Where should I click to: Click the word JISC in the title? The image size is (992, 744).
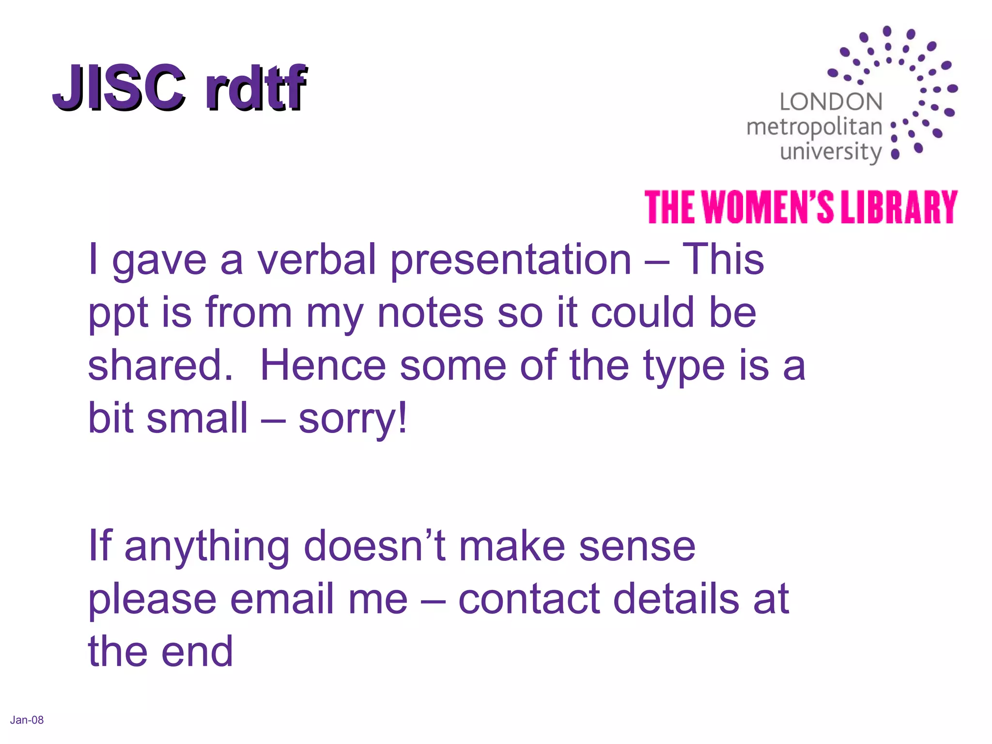(119, 87)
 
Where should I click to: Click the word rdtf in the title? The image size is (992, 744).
(256, 87)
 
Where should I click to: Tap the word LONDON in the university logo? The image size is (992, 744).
(831, 102)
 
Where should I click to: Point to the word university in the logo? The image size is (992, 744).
(831, 152)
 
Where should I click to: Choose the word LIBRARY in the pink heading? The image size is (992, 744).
(899, 207)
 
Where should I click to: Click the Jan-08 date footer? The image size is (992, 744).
(27, 720)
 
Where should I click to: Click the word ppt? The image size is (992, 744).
(118, 314)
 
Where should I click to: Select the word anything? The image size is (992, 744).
(207, 547)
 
